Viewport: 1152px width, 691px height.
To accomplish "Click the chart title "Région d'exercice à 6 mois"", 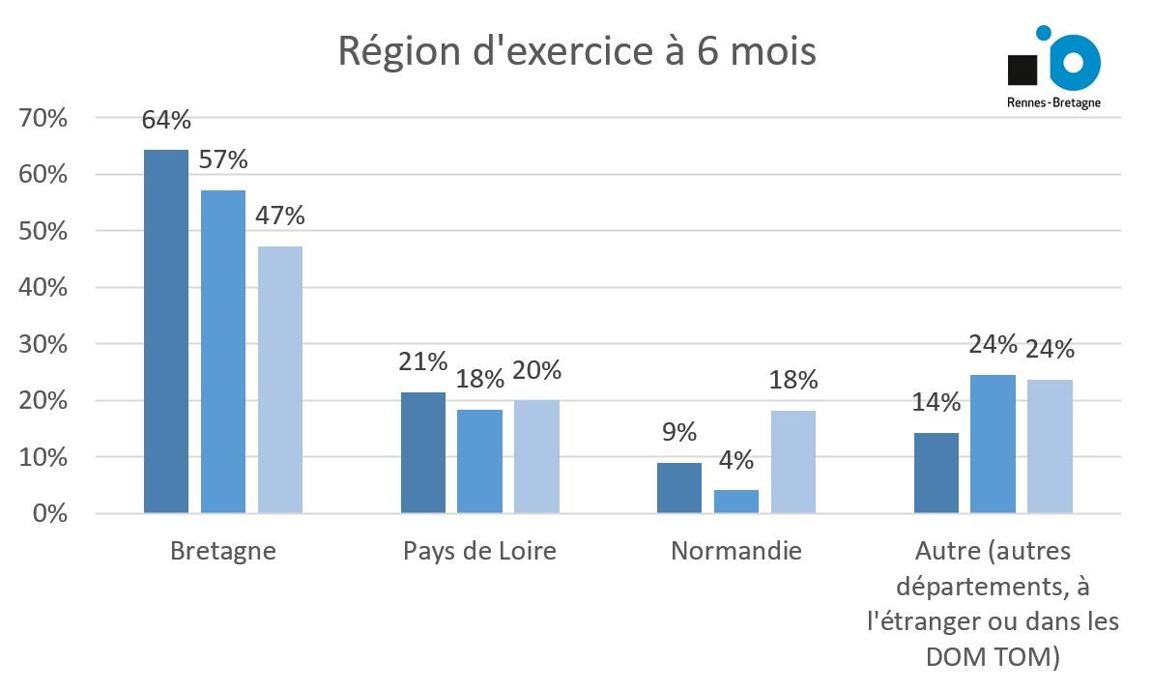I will (x=576, y=50).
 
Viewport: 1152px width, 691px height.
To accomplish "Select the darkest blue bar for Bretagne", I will (x=166, y=331).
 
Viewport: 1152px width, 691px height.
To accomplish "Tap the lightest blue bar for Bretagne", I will (x=279, y=379).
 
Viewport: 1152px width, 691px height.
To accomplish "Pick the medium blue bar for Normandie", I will (x=736, y=501).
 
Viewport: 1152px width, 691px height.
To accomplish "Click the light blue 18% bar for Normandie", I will (x=792, y=461).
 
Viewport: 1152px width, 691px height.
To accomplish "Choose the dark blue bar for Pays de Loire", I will (x=423, y=451).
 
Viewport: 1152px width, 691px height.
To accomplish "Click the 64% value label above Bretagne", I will (x=166, y=121).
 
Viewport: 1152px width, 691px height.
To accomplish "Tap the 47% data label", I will (x=280, y=215).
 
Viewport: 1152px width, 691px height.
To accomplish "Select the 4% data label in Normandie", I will (x=736, y=460).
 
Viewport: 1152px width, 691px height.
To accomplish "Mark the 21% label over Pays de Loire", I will (x=423, y=361).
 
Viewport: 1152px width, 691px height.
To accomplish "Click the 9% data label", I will (x=679, y=432).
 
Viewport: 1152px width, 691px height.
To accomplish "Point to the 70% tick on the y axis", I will (x=43, y=119).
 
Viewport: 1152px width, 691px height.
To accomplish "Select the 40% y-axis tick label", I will (x=43, y=288).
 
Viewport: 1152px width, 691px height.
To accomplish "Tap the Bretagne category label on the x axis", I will (x=222, y=552).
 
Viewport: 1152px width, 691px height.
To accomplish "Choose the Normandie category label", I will (x=736, y=552).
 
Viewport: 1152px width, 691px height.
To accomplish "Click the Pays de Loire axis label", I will (x=479, y=552).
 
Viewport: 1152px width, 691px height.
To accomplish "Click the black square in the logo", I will (x=1022, y=71).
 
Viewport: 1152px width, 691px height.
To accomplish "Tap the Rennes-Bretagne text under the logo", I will (x=1053, y=101).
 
